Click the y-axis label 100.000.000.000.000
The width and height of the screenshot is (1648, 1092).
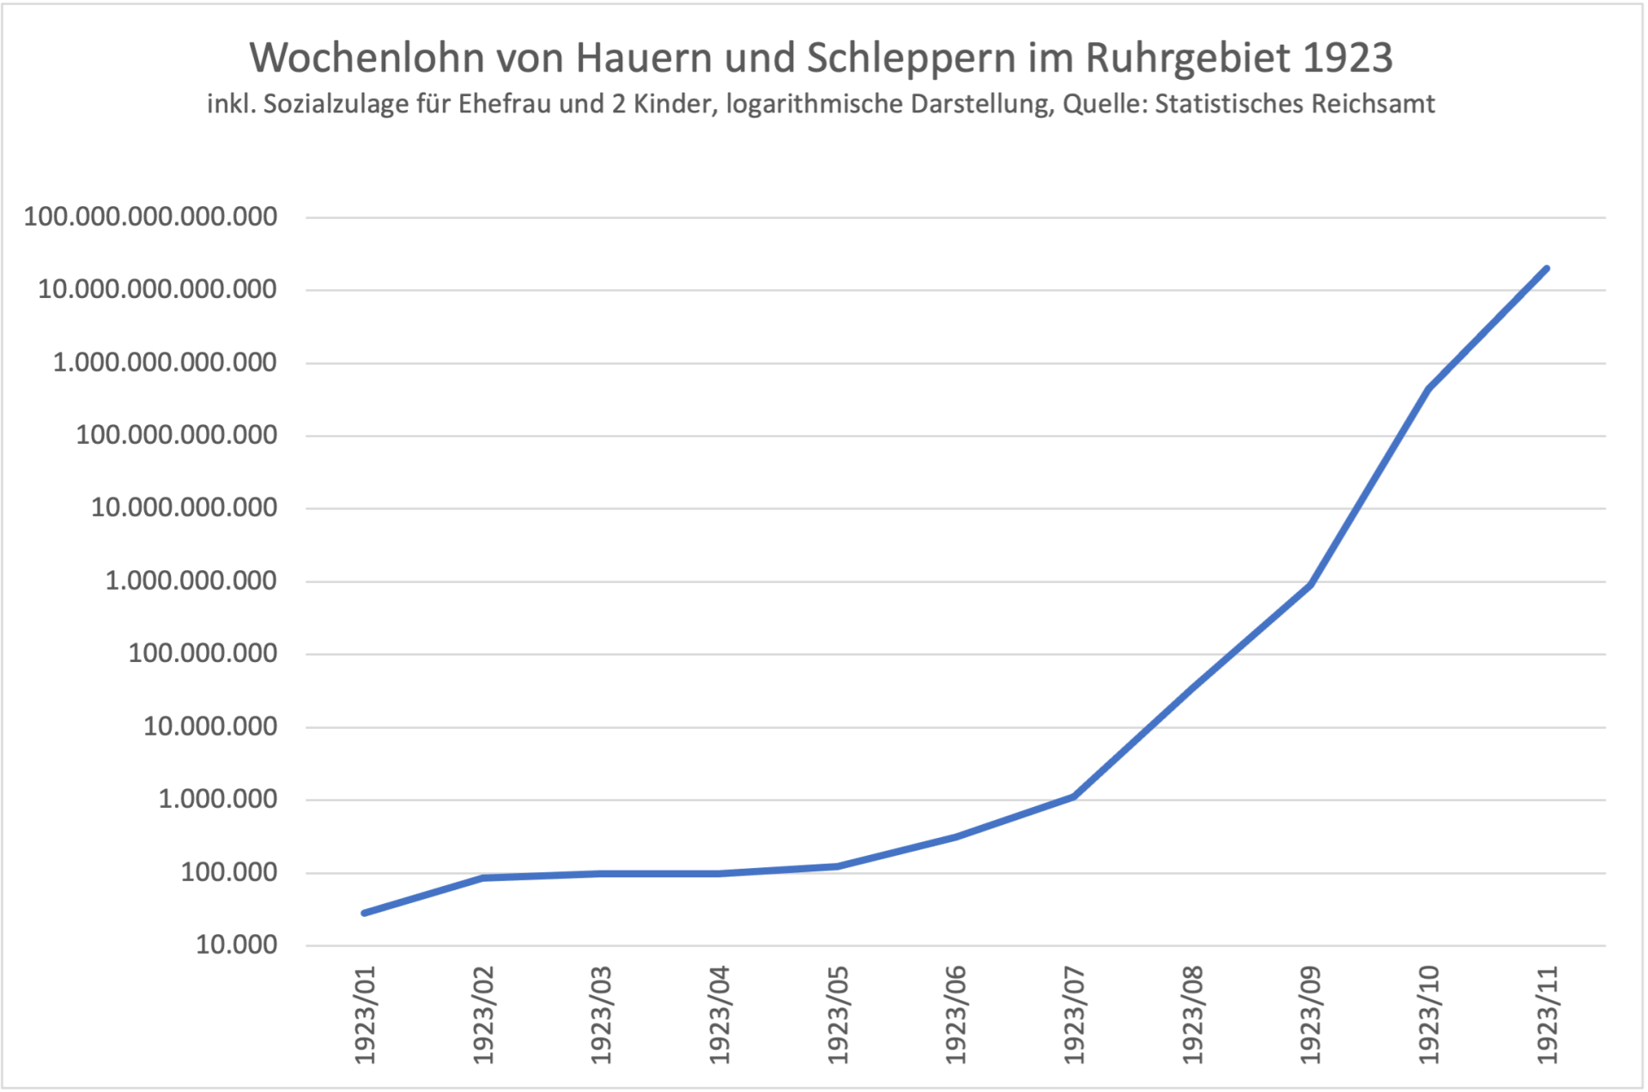(150, 216)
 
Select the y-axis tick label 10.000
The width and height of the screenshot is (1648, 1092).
(236, 945)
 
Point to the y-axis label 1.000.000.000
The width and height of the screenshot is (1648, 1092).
(191, 581)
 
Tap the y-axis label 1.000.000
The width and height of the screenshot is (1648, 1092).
(217, 799)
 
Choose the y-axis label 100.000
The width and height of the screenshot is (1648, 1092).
(228, 872)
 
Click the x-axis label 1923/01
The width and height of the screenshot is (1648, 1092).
(366, 1015)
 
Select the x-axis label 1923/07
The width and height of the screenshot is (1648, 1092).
(1074, 1015)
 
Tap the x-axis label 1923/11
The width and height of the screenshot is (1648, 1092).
(1547, 1015)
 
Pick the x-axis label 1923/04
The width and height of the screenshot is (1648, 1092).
(719, 1015)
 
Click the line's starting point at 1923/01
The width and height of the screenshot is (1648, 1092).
(365, 913)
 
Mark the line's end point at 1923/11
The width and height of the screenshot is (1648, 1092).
(1547, 269)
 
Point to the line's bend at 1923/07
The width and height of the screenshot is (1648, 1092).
(1074, 797)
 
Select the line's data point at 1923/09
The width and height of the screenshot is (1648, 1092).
(1311, 585)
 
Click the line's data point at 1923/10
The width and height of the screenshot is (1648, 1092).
(1428, 389)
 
